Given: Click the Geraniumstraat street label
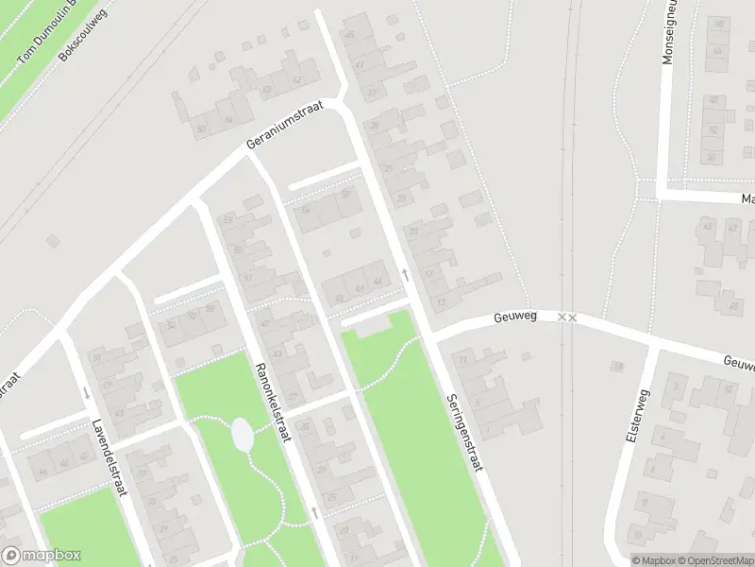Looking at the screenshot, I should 283,127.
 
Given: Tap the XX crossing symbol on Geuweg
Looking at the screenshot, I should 566,318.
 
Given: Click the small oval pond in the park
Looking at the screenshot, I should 242,436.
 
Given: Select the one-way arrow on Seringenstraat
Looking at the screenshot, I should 405,274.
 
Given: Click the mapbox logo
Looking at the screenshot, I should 41,556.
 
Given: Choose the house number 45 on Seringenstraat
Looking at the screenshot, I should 350,35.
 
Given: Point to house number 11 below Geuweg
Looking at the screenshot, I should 462,360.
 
